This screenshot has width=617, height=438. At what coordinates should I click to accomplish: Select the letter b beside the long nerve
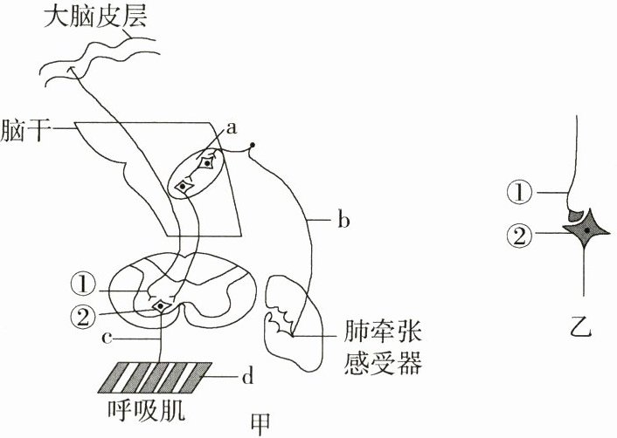pyautogui.click(x=343, y=222)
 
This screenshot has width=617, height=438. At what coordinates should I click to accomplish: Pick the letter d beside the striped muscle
pyautogui.click(x=246, y=377)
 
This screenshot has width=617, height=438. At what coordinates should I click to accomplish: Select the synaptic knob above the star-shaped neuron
pyautogui.click(x=576, y=213)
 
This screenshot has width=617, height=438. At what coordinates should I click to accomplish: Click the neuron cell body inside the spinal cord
pyautogui.click(x=160, y=306)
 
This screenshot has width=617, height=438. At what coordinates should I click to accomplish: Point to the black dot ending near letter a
pyautogui.click(x=253, y=144)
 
